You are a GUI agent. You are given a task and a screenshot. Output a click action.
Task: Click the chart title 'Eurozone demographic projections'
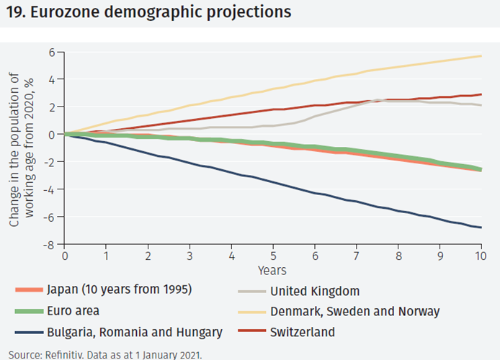[165, 12]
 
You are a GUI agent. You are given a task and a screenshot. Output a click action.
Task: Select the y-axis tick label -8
[50, 245]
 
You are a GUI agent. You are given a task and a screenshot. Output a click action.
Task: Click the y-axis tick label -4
[50, 189]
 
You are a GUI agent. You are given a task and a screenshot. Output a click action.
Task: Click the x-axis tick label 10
[481, 256]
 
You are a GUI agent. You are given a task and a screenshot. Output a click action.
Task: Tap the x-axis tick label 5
[273, 256]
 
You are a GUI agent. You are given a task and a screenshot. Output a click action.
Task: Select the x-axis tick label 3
[189, 256]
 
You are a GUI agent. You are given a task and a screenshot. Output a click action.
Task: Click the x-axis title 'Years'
[272, 271]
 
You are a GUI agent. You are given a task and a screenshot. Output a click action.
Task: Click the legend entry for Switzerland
[303, 332]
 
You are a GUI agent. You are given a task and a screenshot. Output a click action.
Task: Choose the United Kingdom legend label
[315, 292]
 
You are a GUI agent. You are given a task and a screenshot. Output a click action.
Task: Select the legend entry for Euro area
[73, 312]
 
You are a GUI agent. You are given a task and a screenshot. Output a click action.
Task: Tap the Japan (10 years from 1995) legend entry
[119, 292]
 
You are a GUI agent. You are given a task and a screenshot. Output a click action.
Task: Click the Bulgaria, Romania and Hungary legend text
[134, 332]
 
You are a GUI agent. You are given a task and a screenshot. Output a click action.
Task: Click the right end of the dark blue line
[481, 228]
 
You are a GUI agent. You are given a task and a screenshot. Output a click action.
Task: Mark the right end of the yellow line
[481, 56]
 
